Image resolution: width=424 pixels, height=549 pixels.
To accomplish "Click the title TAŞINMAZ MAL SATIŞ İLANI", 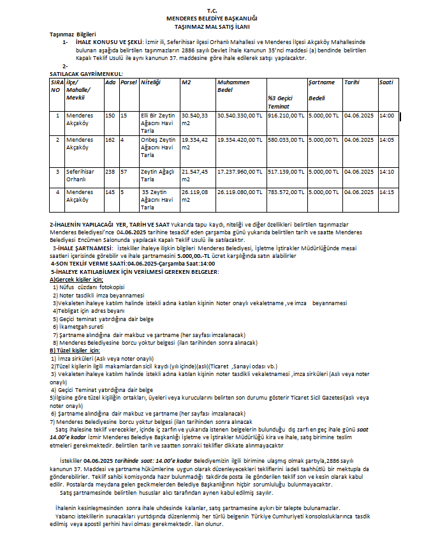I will (x=212, y=27).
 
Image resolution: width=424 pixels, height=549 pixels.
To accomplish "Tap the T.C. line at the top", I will (x=212, y=11).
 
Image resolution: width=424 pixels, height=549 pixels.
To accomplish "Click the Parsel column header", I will (x=129, y=82).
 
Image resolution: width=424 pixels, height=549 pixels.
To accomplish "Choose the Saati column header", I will (x=386, y=82).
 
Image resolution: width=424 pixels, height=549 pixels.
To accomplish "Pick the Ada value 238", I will (x=110, y=172).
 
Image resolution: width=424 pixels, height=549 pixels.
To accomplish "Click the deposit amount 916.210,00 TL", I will (x=286, y=116).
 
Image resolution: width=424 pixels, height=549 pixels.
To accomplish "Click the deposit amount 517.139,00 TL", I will (x=286, y=172).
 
